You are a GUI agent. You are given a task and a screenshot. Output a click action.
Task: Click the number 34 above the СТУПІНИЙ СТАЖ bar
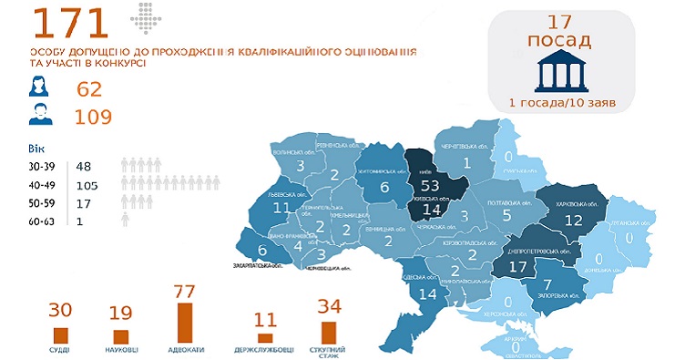pyautogui.click(x=327, y=306)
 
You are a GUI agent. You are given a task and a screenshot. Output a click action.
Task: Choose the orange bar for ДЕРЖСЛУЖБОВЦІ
pyautogui.click(x=265, y=336)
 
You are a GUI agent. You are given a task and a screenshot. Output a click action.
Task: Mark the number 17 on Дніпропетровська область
pyautogui.click(x=518, y=268)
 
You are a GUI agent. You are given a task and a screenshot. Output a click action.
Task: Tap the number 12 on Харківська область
pyautogui.click(x=573, y=220)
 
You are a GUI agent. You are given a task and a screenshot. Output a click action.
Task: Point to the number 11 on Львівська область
pyautogui.click(x=281, y=207)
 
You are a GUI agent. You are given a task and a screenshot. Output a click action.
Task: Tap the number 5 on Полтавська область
pyautogui.click(x=507, y=216)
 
